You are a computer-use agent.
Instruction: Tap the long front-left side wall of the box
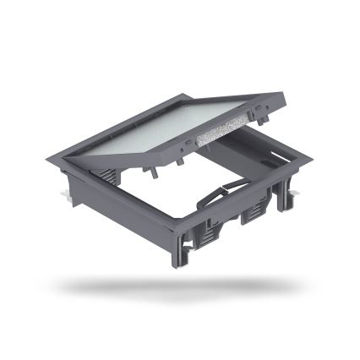click(x=123, y=207)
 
